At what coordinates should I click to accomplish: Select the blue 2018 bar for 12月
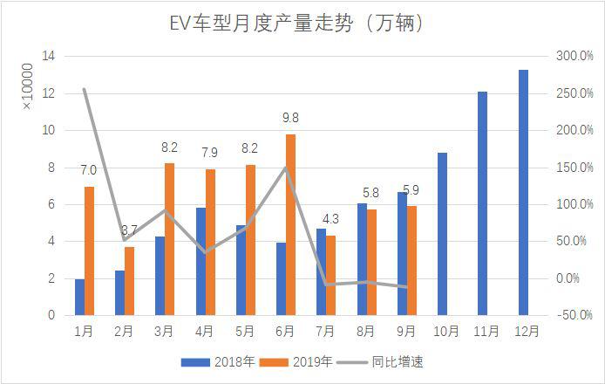[523, 192]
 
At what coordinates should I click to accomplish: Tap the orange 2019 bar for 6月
[290, 224]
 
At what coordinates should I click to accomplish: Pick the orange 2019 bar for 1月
[89, 250]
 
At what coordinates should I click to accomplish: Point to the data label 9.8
[290, 117]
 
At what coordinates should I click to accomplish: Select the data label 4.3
[330, 218]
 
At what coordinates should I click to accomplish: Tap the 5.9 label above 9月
[411, 189]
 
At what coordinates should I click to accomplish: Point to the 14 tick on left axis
[50, 56]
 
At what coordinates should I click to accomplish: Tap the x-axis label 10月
[444, 332]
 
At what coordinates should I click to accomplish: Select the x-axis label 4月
[204, 332]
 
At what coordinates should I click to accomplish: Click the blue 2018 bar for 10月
[443, 234]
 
